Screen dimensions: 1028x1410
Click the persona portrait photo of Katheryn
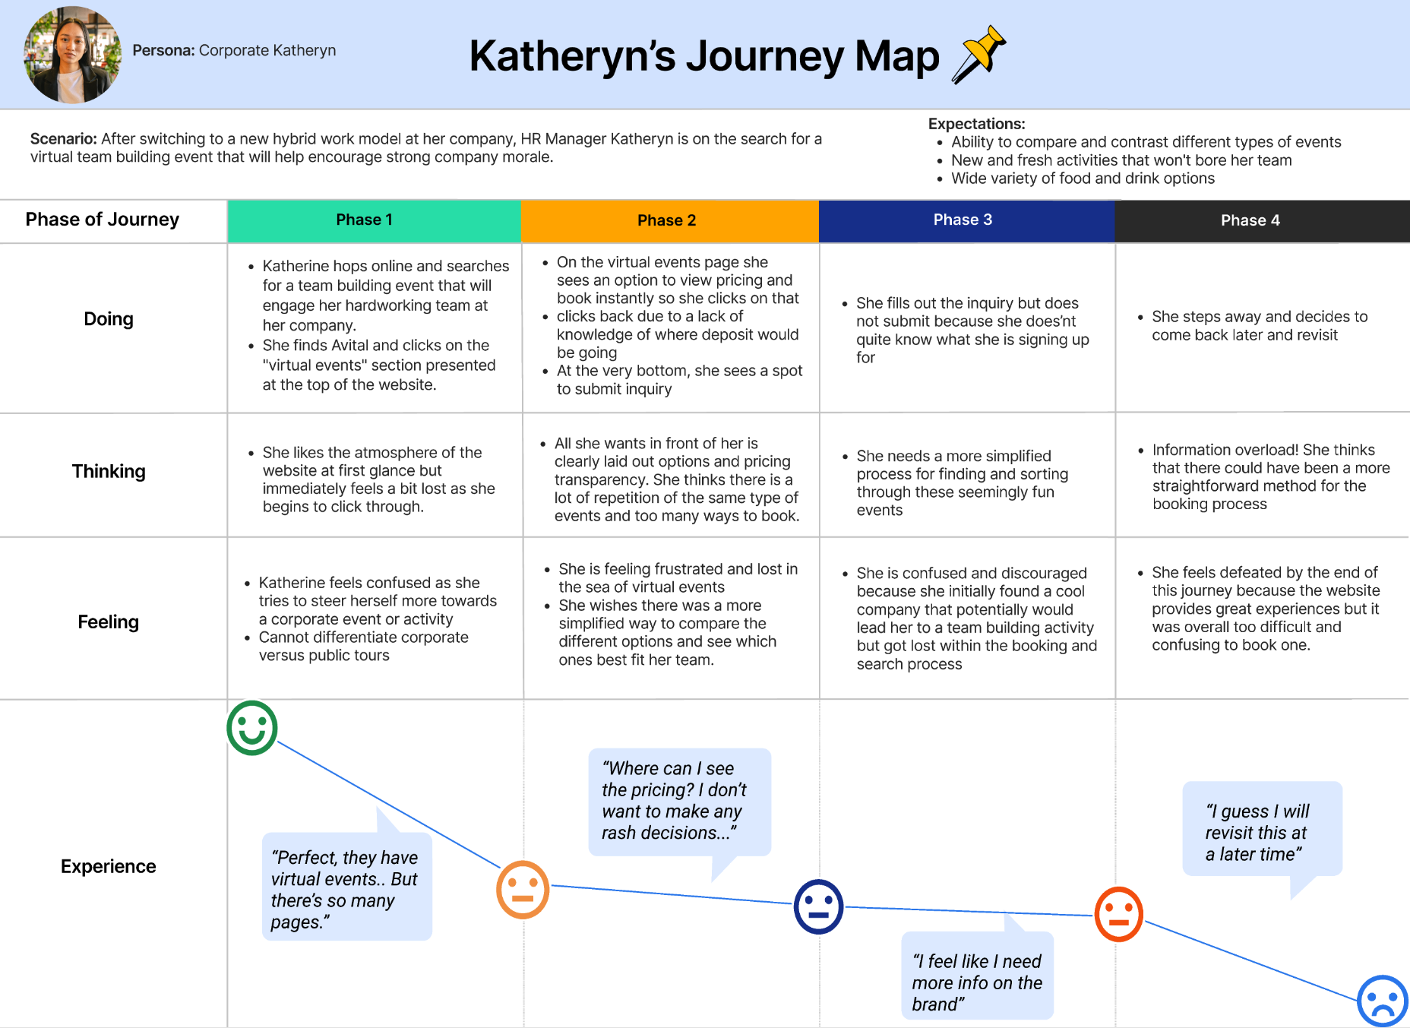(72, 55)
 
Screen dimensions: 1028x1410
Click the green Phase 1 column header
(365, 220)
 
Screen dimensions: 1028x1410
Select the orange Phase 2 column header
(667, 220)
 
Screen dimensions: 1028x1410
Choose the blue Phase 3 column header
(963, 220)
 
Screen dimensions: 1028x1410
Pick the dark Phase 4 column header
(1250, 220)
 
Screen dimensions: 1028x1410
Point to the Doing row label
(109, 319)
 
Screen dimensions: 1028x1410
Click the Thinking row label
(109, 471)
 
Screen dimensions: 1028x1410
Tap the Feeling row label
(109, 622)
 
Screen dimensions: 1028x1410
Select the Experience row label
(109, 866)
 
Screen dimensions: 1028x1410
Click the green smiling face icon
(252, 728)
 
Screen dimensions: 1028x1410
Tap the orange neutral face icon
(523, 889)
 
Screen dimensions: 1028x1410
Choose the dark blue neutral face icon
(818, 906)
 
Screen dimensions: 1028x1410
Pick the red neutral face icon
(1118, 914)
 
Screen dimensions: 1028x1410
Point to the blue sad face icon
(1383, 1001)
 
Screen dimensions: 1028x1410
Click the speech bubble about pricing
(679, 802)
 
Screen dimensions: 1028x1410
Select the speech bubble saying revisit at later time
(1262, 830)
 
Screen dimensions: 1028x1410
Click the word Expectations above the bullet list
(976, 124)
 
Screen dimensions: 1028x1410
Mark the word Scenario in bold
(63, 139)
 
